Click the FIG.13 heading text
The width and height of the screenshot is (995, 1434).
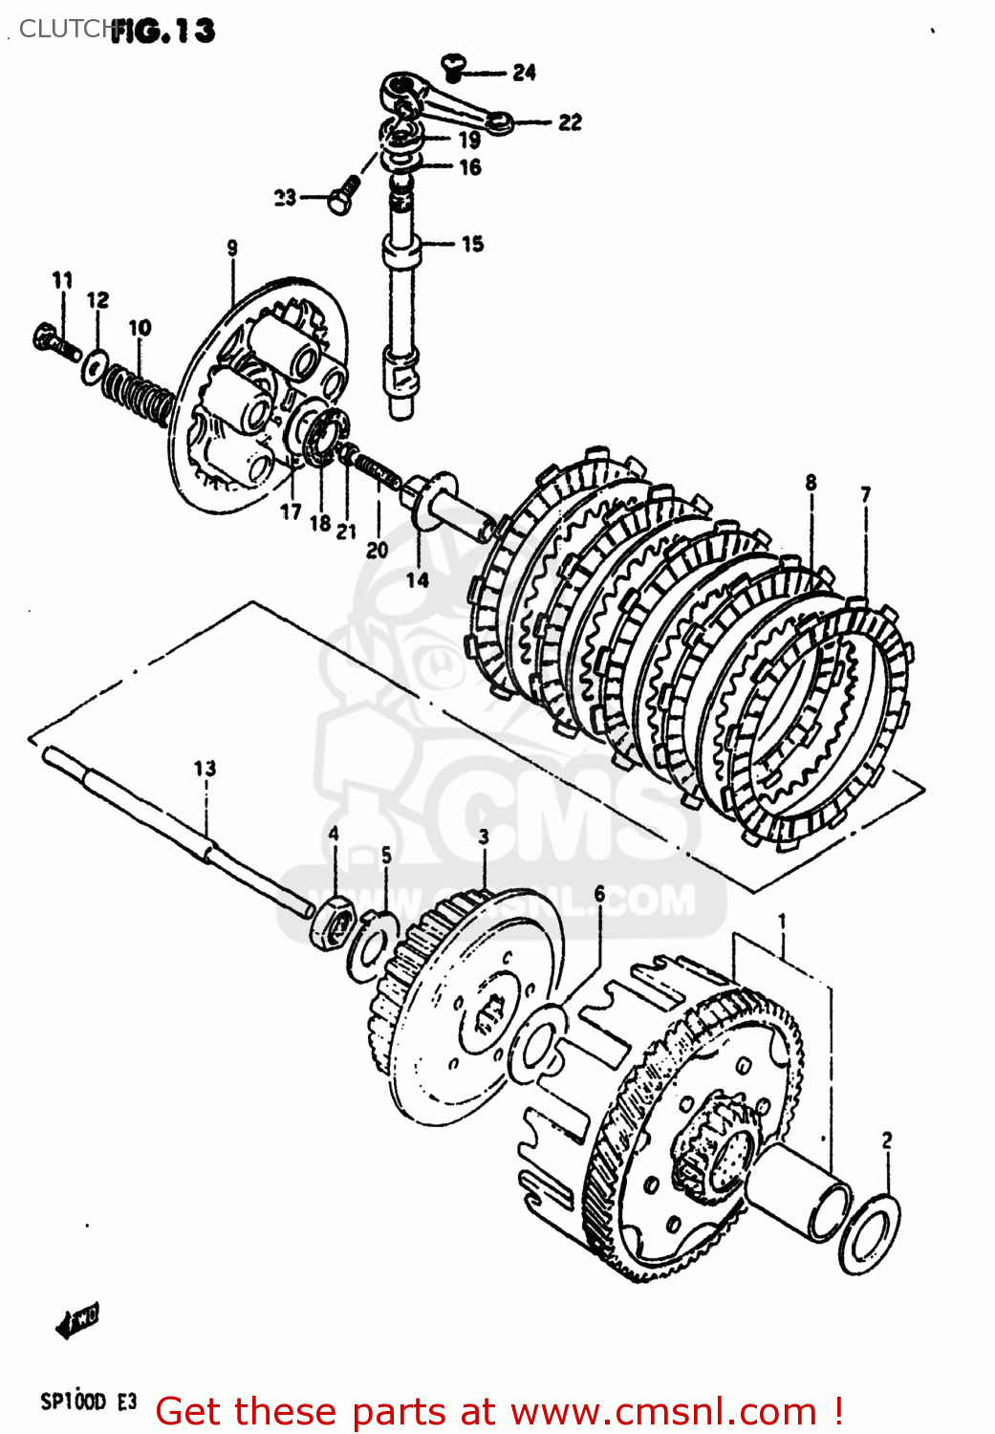(x=162, y=31)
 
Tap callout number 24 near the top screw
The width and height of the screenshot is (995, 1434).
(x=524, y=73)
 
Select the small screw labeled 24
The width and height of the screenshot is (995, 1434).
(x=454, y=66)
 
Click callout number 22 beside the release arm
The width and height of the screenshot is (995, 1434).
(x=570, y=122)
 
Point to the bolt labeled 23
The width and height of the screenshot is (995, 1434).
(x=343, y=194)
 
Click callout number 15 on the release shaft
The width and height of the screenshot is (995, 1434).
(x=472, y=245)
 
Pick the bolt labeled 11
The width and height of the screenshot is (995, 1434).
(x=54, y=341)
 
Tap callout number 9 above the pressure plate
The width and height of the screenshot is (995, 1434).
(x=232, y=249)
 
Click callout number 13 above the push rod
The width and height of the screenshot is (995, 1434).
(x=205, y=769)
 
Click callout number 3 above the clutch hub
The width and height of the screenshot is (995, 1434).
(x=484, y=837)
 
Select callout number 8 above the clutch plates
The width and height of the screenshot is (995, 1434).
(x=811, y=483)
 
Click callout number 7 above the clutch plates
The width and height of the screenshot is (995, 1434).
(x=865, y=494)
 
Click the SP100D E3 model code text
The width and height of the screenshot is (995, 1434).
(x=89, y=1402)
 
